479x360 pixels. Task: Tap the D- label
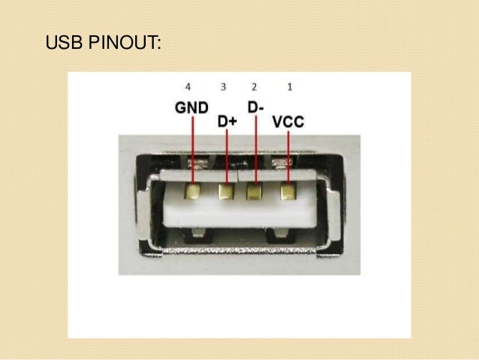click(x=256, y=107)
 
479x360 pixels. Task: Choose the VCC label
click(x=288, y=120)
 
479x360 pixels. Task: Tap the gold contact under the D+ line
click(x=226, y=192)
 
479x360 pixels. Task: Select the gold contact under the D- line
click(x=257, y=192)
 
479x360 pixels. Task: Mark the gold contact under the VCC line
click(x=289, y=192)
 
